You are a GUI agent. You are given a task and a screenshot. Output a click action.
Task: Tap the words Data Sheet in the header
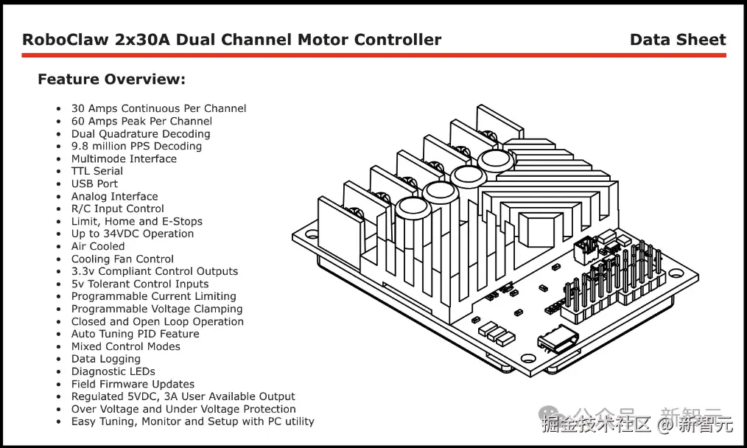coord(677,40)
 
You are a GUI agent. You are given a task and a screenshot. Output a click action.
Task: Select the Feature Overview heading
coord(111,80)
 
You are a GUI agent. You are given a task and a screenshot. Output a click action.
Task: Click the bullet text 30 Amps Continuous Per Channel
coord(158,108)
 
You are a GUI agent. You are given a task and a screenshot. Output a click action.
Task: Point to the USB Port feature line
coord(94,183)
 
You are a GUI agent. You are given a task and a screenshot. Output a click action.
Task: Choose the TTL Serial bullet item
coord(97,171)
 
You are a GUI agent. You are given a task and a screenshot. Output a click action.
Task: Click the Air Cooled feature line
coord(98,246)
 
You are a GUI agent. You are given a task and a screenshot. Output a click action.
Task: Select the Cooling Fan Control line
coord(122,259)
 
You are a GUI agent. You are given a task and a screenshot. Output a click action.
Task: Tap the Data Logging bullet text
coord(105,359)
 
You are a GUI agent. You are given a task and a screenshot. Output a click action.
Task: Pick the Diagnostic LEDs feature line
coord(113,371)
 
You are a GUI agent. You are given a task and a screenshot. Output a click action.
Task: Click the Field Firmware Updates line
coord(133,384)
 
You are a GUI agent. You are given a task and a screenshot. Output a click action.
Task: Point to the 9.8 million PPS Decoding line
coord(136,146)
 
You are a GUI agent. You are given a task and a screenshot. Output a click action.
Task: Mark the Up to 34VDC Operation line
coord(133,234)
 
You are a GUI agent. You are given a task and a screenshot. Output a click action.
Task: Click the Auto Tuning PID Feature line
coord(135,334)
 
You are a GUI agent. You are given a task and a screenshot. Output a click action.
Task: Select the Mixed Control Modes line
coord(125,346)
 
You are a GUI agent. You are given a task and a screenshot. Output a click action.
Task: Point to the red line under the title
coord(374,55)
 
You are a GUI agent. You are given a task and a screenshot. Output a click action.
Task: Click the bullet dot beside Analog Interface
coord(59,197)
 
